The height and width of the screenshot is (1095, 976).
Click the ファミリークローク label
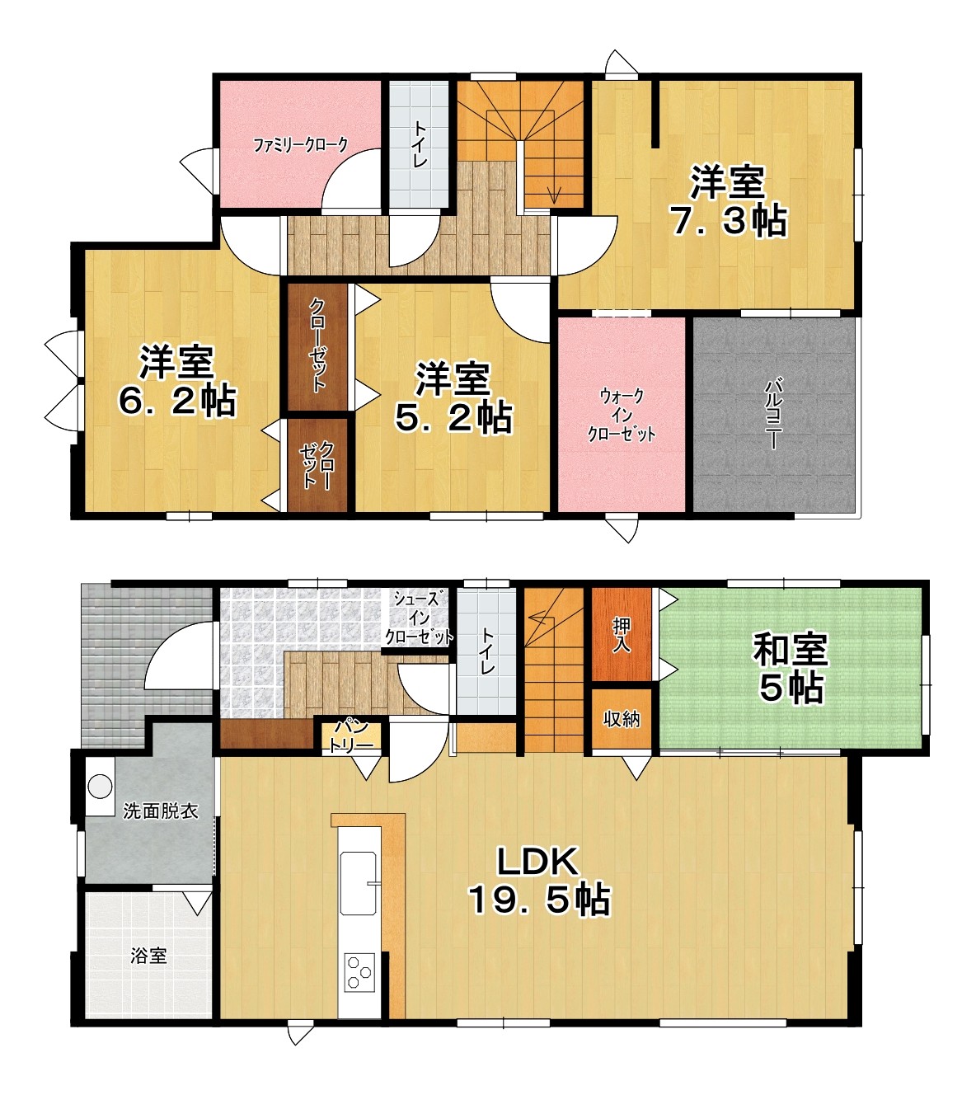pos(301,145)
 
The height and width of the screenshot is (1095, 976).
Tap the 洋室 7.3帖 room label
pos(728,201)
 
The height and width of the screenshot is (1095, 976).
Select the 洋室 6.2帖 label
pos(177,380)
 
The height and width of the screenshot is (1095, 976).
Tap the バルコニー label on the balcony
pos(773,414)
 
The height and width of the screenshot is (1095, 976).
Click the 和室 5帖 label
pos(791,669)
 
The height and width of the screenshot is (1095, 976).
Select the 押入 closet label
pos(621,635)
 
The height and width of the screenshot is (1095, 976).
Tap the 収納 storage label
pos(622,719)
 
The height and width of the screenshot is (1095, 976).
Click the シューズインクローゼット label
pos(419,618)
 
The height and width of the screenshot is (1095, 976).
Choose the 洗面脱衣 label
pos(161,811)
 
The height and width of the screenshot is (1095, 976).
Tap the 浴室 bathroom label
pos(148,956)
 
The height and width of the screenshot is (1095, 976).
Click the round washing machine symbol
pos(100,786)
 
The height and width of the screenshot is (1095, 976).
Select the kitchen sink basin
pos(359,883)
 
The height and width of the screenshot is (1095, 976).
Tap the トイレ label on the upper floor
pos(420,143)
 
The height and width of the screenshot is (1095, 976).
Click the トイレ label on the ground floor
pos(487,651)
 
